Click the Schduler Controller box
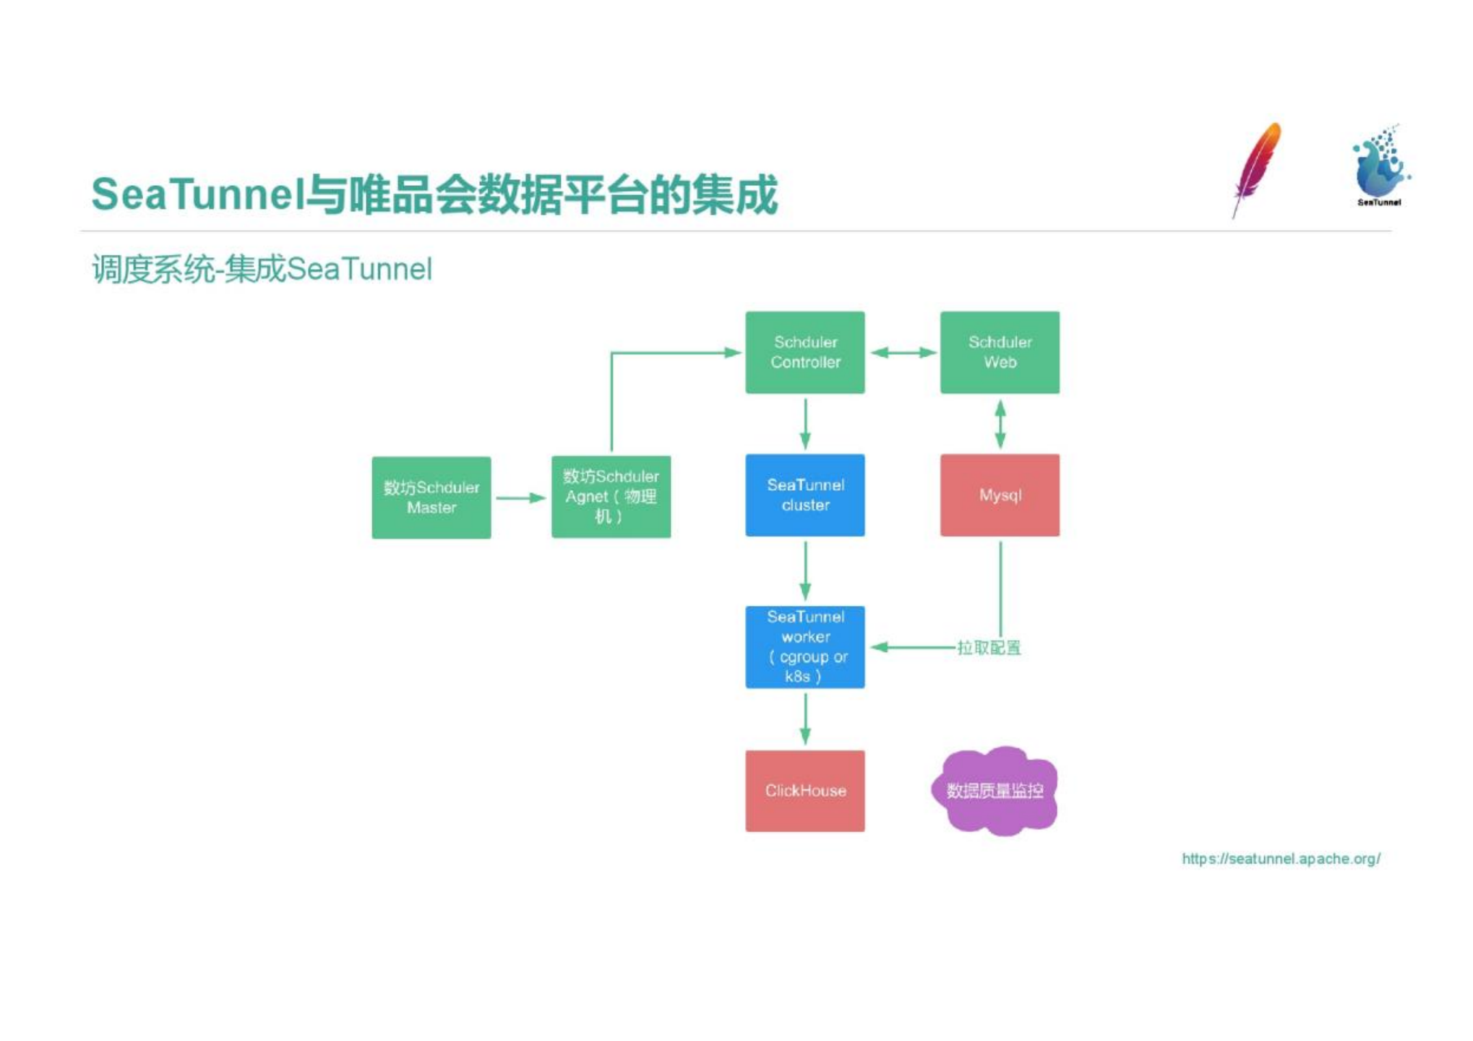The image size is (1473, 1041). click(804, 352)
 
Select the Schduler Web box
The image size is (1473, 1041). click(1000, 352)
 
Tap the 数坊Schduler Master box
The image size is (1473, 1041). click(431, 497)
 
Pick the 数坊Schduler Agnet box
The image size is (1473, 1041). click(611, 497)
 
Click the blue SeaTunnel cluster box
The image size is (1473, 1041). click(804, 495)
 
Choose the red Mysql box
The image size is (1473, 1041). click(1000, 495)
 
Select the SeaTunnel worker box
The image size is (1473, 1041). click(804, 647)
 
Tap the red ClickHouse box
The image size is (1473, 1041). click(804, 791)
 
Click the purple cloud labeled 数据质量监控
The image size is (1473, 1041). click(995, 791)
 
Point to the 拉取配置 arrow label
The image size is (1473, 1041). click(989, 648)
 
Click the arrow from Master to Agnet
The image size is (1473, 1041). click(520, 498)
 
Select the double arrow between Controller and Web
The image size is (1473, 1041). click(903, 353)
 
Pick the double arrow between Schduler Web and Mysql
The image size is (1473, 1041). click(1000, 424)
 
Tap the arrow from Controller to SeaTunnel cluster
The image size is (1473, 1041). click(805, 424)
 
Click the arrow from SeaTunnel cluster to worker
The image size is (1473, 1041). click(805, 571)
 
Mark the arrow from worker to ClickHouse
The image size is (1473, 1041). click(805, 719)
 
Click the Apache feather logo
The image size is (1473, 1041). click(1257, 169)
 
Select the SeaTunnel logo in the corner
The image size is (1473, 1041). click(1380, 166)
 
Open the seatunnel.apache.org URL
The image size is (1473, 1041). click(1281, 859)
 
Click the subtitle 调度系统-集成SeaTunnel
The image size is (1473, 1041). click(262, 270)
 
